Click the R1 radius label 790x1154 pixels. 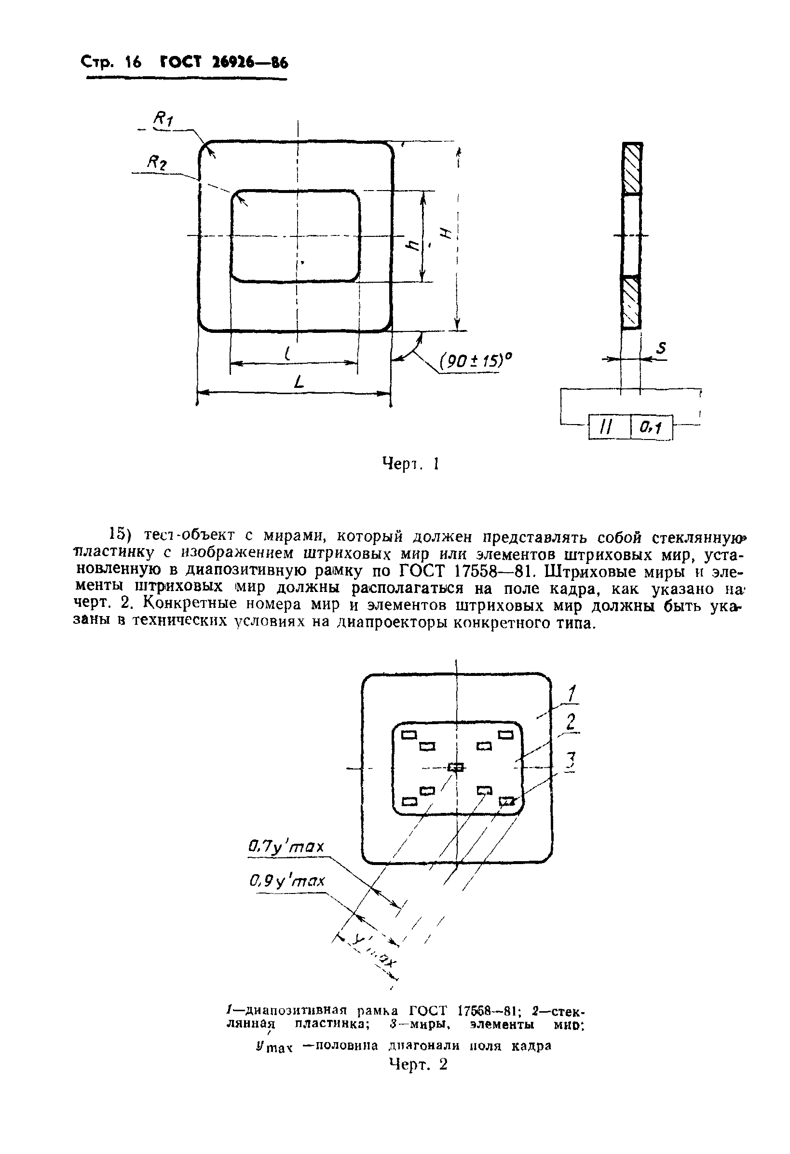point(163,119)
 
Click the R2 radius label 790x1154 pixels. point(156,163)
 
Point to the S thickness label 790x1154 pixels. point(660,348)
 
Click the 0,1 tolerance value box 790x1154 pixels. point(651,426)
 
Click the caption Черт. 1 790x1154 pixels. point(410,464)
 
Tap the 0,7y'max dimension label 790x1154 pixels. point(286,846)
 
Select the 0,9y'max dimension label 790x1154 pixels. point(287,881)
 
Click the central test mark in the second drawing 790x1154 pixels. point(456,767)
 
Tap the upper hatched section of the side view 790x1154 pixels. point(632,168)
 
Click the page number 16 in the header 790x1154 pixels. point(133,63)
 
